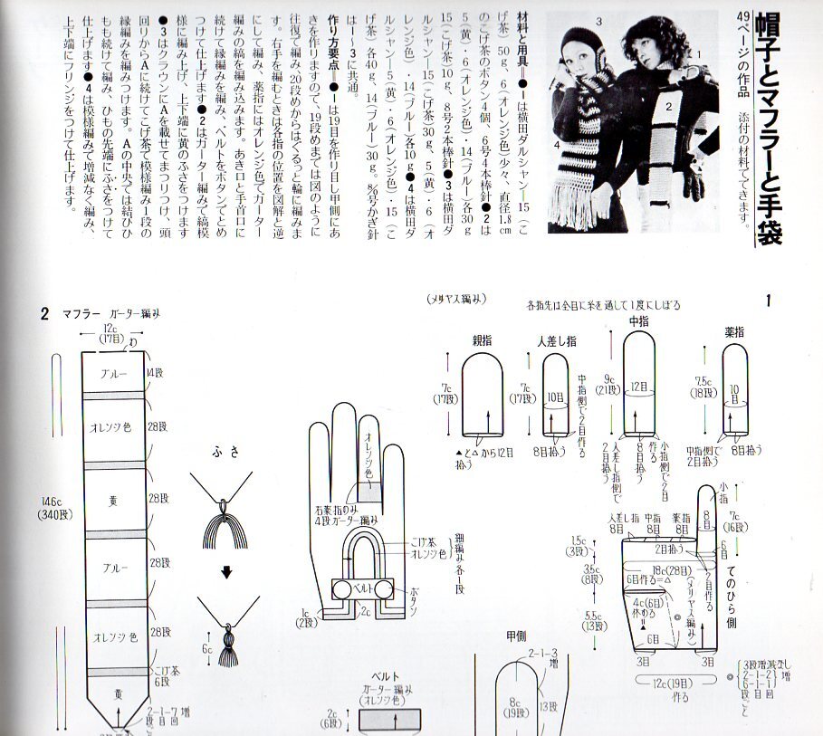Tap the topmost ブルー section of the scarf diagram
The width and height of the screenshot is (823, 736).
(113, 374)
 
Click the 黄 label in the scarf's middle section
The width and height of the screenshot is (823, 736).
(115, 499)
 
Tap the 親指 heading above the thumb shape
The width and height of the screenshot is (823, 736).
(482, 341)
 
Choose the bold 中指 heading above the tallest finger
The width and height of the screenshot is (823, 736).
(640, 320)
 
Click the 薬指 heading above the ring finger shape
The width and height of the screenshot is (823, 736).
(733, 332)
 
